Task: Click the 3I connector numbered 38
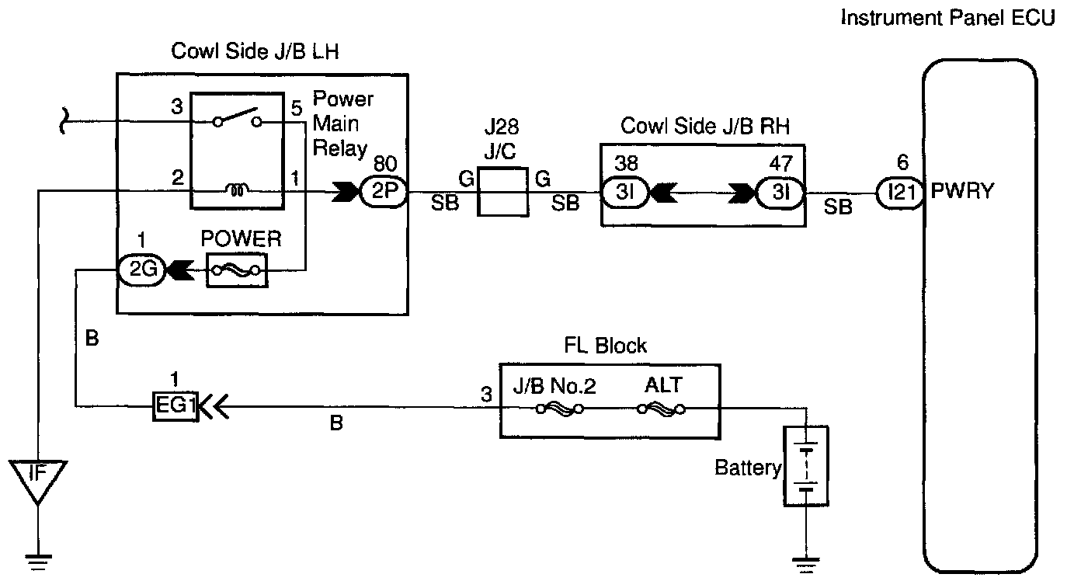(624, 193)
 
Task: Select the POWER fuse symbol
(236, 271)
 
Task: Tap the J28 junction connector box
(502, 193)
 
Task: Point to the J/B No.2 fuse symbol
(556, 409)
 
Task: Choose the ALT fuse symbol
(659, 409)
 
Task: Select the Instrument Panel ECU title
(948, 18)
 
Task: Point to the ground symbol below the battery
(805, 557)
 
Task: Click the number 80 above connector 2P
(384, 164)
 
